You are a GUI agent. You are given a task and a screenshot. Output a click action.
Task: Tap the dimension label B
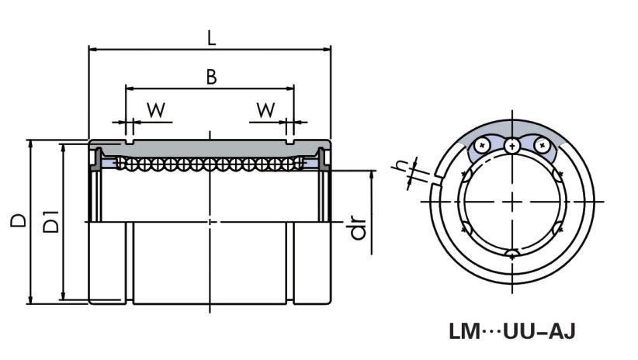tap(210, 76)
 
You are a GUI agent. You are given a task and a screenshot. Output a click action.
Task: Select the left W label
tap(156, 110)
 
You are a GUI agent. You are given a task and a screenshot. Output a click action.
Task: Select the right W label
tap(266, 110)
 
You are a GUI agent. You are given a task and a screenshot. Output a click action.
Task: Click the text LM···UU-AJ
tap(511, 332)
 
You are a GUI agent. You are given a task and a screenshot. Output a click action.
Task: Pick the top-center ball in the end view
tap(511, 146)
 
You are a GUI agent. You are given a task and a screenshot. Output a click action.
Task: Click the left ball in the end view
tap(484, 145)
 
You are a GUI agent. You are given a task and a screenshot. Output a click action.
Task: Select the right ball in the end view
tap(541, 145)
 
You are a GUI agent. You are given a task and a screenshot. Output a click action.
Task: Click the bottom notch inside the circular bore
tap(512, 254)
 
